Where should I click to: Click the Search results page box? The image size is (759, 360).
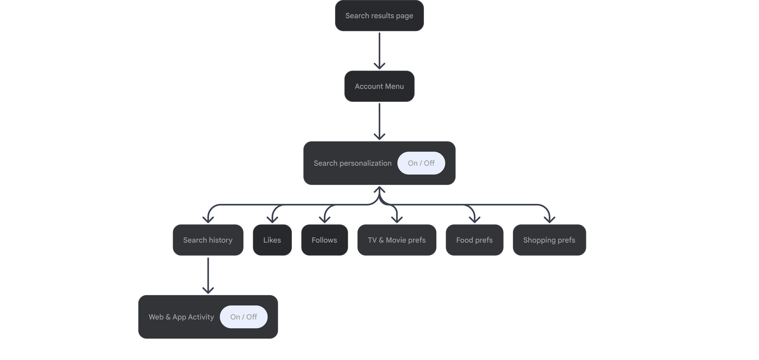tap(379, 16)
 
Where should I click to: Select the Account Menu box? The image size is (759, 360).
tap(379, 86)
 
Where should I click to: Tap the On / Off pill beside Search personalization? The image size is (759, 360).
tap(421, 163)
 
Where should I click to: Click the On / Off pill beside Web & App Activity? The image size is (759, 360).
tap(243, 317)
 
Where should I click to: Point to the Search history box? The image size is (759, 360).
tap(208, 240)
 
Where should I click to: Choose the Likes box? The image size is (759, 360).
tap(272, 240)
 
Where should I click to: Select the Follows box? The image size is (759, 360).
tap(324, 240)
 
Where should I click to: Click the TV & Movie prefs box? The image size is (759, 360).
tap(397, 240)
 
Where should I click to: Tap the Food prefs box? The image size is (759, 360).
tap(474, 240)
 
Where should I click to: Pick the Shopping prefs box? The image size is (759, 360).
tap(549, 240)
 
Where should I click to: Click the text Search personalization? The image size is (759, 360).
tap(352, 163)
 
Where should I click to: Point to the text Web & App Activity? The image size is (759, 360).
tap(181, 317)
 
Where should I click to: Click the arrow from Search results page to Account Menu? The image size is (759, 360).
tap(379, 50)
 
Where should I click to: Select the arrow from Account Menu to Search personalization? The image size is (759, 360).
tap(379, 121)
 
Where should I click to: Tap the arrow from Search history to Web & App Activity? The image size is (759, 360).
tap(208, 275)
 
